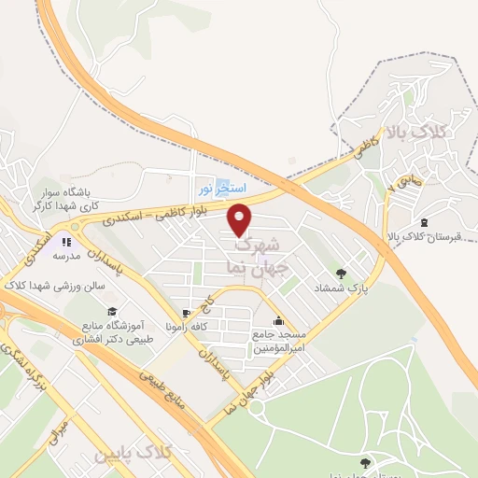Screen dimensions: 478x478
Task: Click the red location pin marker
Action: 240,218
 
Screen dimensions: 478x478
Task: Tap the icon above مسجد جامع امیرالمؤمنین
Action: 277,319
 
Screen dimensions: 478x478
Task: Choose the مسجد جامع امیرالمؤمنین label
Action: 274,340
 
